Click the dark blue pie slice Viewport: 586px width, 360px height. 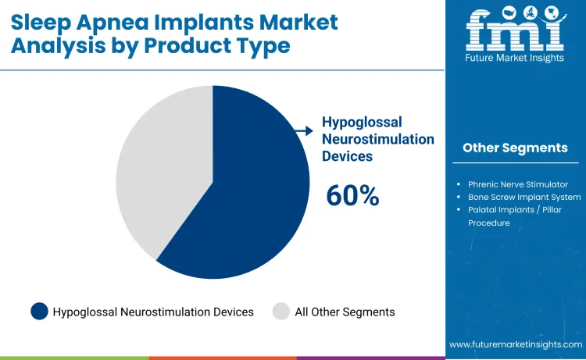point(250,195)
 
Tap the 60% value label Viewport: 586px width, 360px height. point(352,196)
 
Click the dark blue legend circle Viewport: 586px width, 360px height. point(40,312)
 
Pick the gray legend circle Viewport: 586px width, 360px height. point(281,312)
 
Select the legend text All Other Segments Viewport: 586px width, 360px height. point(345,312)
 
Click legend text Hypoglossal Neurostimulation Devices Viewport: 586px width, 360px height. point(153,312)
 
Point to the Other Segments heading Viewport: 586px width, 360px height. point(515,148)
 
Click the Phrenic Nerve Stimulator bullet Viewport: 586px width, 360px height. point(518,184)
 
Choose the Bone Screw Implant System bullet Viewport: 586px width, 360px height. point(524,197)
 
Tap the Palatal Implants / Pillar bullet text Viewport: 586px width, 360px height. point(518,209)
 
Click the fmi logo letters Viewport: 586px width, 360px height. point(515,31)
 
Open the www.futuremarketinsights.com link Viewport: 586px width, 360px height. point(516,344)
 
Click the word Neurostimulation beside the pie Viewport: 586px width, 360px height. point(378,139)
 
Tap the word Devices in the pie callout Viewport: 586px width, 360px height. point(348,155)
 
